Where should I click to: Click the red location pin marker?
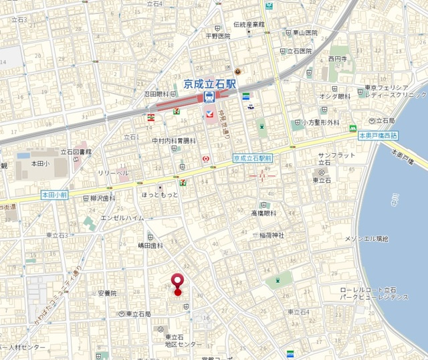[178, 284]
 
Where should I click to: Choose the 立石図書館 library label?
[76, 152]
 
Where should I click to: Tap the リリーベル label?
[112, 173]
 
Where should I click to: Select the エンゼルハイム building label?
[122, 218]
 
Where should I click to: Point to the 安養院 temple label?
[106, 293]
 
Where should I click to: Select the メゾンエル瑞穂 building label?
[366, 239]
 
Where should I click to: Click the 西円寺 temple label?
[339, 59]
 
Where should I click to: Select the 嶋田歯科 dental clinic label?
[150, 246]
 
